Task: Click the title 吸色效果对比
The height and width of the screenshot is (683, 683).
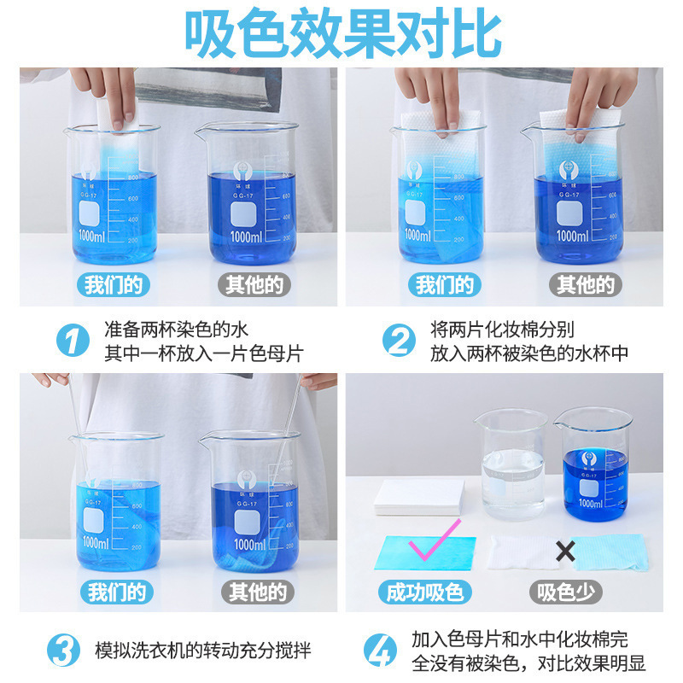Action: [x=341, y=34]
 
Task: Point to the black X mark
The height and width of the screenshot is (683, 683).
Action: [x=564, y=552]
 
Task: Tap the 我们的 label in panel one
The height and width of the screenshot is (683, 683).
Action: [x=114, y=284]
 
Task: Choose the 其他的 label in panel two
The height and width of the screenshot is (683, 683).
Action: [x=586, y=284]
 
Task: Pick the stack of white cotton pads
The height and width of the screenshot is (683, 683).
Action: [x=420, y=496]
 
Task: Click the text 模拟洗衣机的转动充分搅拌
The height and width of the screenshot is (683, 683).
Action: [x=202, y=651]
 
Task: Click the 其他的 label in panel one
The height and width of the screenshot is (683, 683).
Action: [x=254, y=284]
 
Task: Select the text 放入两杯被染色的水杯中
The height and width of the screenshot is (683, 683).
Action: [x=529, y=353]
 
